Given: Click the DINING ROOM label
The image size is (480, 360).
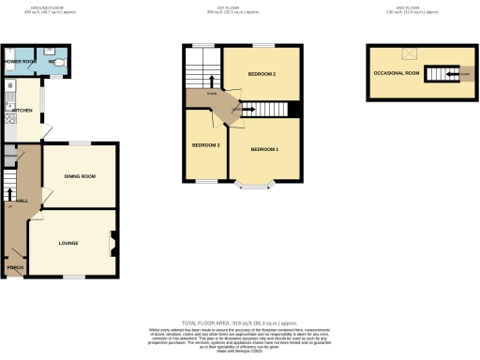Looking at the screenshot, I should (x=81, y=176).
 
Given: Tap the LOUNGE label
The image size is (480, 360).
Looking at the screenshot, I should (x=68, y=244).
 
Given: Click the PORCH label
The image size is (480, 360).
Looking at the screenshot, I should (x=15, y=268).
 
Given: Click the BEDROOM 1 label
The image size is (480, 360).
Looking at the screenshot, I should (x=263, y=150).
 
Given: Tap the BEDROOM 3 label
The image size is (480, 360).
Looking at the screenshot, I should (x=205, y=145).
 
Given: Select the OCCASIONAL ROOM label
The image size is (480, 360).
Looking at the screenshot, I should (x=395, y=72).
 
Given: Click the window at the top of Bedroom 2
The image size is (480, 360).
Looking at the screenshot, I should (x=262, y=45).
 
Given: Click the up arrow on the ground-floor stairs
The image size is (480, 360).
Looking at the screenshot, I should (x=10, y=195).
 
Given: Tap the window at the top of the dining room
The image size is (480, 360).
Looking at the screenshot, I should (x=82, y=142).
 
